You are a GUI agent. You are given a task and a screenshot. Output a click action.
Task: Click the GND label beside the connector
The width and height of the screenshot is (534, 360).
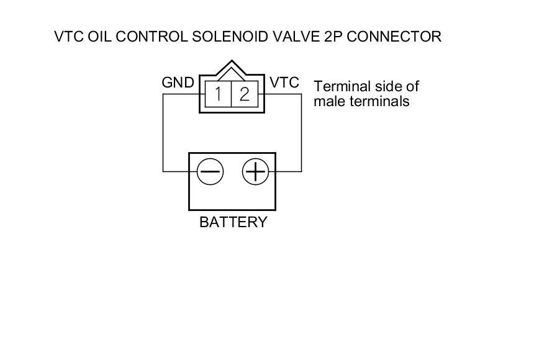178,83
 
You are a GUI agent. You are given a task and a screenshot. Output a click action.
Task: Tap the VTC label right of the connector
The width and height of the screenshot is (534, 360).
284,83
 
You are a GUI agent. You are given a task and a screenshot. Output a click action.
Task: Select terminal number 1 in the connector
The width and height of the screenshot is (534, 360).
218,94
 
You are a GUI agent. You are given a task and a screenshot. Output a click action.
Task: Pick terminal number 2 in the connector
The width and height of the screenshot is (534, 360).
245,94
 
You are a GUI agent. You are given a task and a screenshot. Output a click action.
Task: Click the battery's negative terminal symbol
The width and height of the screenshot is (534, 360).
210,171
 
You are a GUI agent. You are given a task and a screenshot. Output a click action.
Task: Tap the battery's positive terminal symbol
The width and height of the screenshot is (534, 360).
255,171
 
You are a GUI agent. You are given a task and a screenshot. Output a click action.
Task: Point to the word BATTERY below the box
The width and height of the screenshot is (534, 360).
233,222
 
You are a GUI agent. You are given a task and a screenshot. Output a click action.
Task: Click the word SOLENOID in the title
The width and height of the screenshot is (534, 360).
230,37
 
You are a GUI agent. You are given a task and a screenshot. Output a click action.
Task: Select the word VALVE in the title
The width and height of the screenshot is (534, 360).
296,37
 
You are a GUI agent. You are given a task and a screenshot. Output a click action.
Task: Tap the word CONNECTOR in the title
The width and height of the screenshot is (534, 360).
394,37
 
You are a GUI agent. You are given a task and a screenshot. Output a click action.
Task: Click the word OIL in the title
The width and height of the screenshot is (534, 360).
99,37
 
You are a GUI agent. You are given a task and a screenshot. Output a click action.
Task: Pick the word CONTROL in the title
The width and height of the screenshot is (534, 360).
152,37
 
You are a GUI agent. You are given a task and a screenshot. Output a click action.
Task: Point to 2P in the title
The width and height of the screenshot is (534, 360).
333,37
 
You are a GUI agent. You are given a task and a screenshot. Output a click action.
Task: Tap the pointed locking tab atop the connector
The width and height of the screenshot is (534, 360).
232,68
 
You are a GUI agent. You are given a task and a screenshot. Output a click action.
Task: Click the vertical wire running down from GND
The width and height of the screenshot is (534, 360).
163,132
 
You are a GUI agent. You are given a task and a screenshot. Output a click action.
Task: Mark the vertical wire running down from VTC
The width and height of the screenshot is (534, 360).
301,132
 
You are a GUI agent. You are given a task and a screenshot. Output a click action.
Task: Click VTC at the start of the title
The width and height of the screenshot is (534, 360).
69,37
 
